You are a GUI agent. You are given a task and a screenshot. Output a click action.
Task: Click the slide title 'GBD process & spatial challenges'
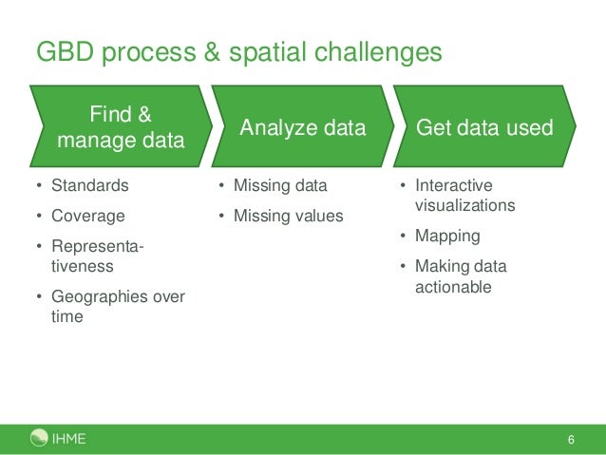238,51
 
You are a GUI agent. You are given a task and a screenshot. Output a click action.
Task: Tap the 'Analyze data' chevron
302,128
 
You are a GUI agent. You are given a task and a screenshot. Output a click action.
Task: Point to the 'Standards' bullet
90,185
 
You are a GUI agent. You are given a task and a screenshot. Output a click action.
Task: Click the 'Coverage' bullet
87,216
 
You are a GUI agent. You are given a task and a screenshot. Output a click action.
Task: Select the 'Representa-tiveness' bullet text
97,257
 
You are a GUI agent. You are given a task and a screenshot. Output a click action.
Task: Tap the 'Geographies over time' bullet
117,307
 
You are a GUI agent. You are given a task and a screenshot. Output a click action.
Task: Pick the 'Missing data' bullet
279,185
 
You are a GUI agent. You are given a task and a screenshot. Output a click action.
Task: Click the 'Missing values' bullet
288,216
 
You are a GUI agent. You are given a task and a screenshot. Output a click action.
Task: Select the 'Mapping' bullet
446,236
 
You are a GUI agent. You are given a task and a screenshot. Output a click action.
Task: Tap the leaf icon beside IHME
39,438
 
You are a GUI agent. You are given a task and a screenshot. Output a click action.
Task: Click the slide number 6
571,440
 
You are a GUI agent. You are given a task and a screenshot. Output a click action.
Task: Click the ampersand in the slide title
202,51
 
